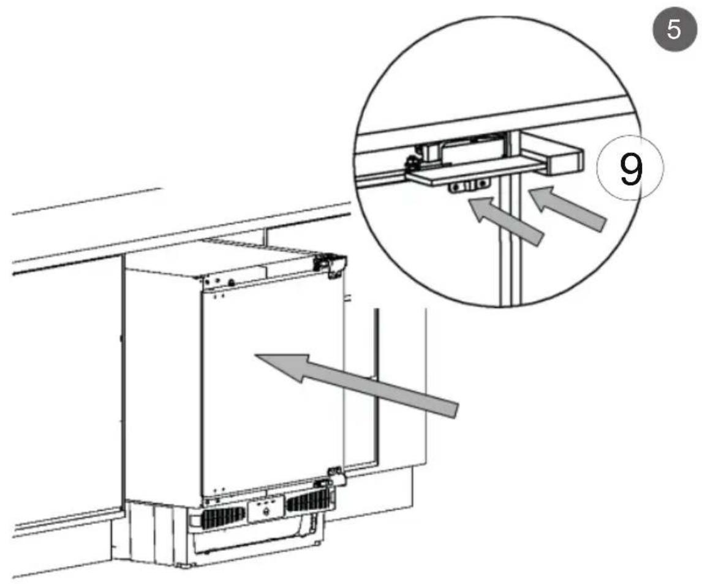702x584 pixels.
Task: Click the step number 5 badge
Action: click(x=673, y=29)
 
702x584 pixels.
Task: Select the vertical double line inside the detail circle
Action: click(x=509, y=257)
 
